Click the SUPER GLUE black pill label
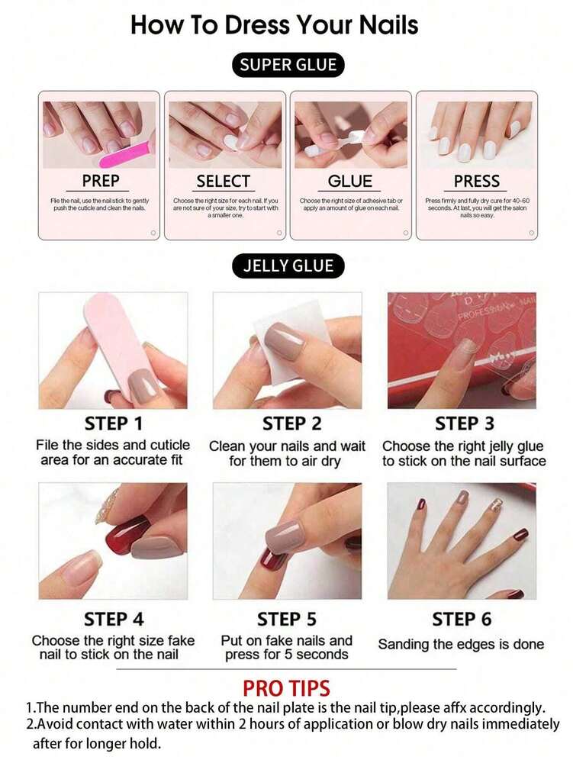point(288,65)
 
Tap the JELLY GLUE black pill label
point(288,266)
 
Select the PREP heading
point(101,182)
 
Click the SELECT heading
point(223,182)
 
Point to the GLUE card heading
point(350,182)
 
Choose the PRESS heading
point(476,182)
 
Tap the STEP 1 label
point(114,423)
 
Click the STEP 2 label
point(292,423)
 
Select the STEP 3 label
point(464,423)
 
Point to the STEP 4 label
point(114,619)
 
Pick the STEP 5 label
point(287,619)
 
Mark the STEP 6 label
point(462,619)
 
